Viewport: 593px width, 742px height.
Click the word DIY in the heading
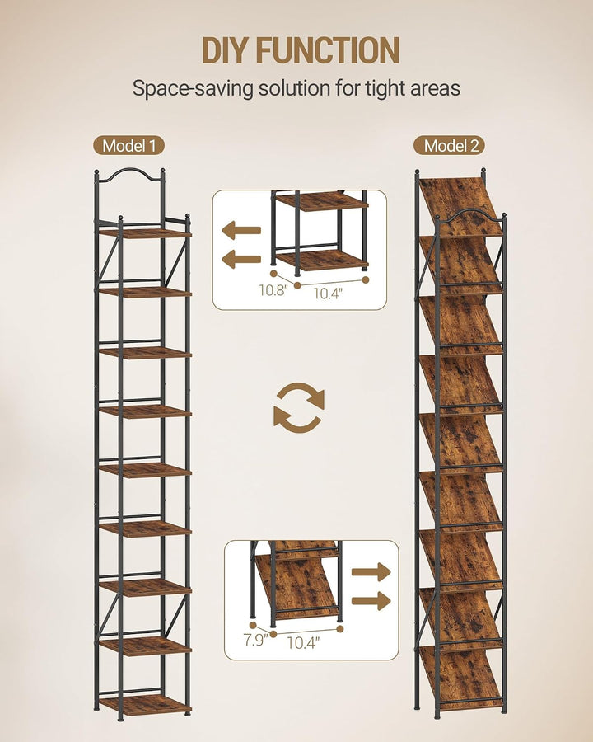(226, 50)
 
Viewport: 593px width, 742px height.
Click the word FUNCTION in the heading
(328, 50)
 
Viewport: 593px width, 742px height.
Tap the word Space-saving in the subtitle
(193, 88)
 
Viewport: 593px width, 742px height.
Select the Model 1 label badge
(128, 145)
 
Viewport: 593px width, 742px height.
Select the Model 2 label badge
(450, 145)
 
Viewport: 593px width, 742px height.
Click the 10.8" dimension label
(273, 290)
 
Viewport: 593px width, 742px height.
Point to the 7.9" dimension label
(256, 640)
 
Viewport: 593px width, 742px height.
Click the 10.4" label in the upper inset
(328, 294)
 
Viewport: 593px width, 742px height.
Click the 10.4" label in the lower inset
(303, 642)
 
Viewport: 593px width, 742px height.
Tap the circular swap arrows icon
(299, 408)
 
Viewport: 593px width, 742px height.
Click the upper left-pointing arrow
(241, 231)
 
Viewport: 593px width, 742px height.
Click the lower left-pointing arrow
(241, 259)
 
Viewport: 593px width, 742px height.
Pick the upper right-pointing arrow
(371, 571)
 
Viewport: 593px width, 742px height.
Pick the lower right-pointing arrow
(371, 600)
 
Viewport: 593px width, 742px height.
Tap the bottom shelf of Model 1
(145, 704)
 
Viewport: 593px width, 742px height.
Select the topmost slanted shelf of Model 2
(460, 206)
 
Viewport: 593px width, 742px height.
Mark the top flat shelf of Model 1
(145, 233)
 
